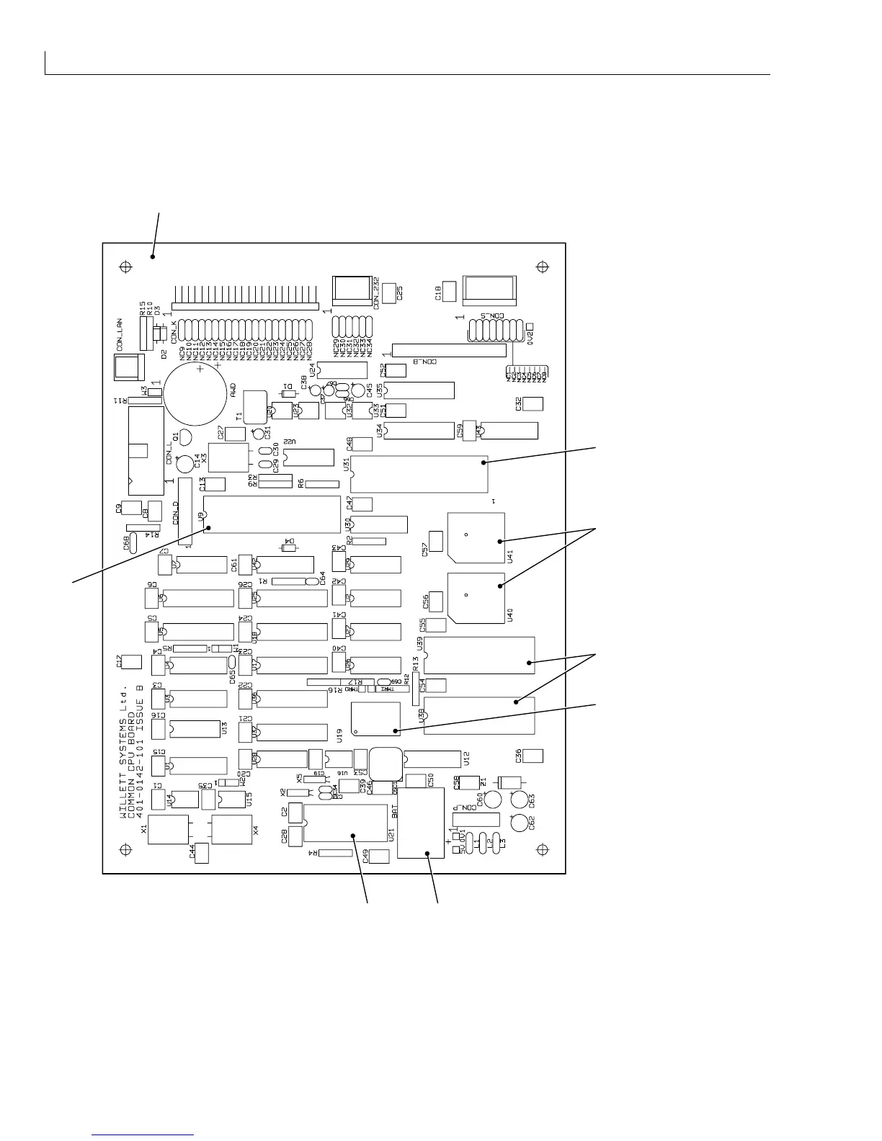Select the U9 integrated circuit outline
tap(272, 514)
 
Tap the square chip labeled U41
tap(476, 537)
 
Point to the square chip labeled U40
tap(476, 598)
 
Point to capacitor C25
tap(390, 292)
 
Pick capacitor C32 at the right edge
tap(533, 403)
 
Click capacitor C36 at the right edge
tap(533, 756)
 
